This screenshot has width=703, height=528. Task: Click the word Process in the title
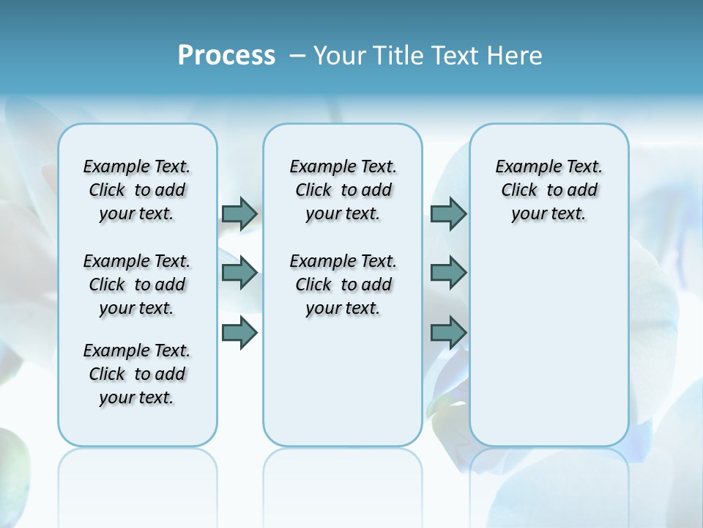click(226, 55)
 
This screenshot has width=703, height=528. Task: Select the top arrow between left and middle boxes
click(239, 213)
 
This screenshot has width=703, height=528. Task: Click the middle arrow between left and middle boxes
click(239, 273)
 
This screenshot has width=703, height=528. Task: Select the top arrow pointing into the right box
click(448, 213)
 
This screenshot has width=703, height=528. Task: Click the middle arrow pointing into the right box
click(448, 273)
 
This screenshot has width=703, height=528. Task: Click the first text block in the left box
click(137, 190)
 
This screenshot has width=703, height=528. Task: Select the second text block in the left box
click(137, 285)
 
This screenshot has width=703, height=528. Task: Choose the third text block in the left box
click(137, 374)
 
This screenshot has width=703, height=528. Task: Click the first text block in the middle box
click(343, 190)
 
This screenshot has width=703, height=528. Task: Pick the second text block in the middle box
click(343, 285)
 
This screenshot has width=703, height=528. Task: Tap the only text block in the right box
click(549, 190)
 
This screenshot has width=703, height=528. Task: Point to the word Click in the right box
click(519, 190)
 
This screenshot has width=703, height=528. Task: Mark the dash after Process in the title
click(297, 55)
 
